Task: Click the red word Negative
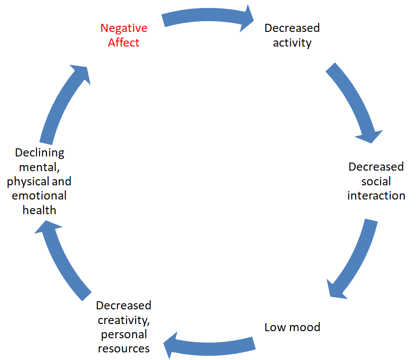pyautogui.click(x=123, y=28)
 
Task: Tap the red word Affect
pyautogui.click(x=123, y=43)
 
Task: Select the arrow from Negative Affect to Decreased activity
pyautogui.click(x=207, y=17)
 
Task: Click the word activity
pyautogui.click(x=292, y=43)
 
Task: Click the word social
pyautogui.click(x=376, y=181)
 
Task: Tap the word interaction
pyautogui.click(x=376, y=195)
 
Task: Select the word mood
pyautogui.click(x=304, y=327)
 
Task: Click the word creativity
pyautogui.click(x=123, y=320)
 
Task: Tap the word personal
pyautogui.click(x=123, y=334)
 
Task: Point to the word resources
pyautogui.click(x=123, y=348)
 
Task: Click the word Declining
pyautogui.click(x=39, y=152)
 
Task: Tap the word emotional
pyautogui.click(x=39, y=195)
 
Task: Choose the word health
pyautogui.click(x=39, y=210)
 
